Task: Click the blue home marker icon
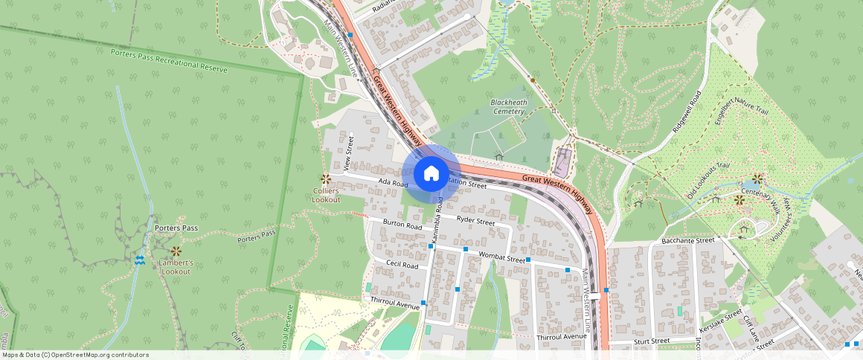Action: (x=431, y=174)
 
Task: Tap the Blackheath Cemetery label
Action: (x=508, y=106)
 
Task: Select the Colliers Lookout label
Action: (x=326, y=195)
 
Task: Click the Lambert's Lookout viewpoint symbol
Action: (x=176, y=251)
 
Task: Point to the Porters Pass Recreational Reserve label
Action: (x=169, y=60)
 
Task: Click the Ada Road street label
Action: (x=394, y=182)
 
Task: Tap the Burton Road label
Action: (x=402, y=224)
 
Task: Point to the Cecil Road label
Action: (x=401, y=264)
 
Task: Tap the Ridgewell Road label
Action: (x=687, y=112)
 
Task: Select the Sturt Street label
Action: (x=651, y=341)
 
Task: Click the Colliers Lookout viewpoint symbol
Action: (x=325, y=179)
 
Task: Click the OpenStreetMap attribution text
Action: (x=74, y=355)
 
